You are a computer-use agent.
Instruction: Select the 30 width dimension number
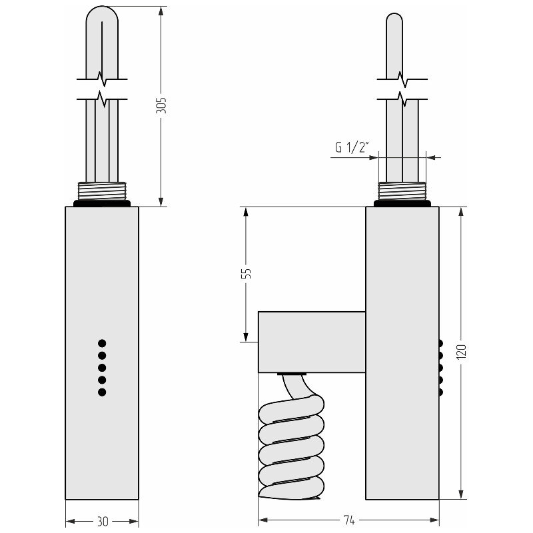[103, 521]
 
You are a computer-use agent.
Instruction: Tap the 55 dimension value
[246, 273]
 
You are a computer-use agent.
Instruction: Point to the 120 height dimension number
[461, 352]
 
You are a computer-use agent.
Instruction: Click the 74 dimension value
[348, 520]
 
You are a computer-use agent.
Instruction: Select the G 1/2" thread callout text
[352, 148]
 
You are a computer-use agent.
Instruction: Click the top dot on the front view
[102, 343]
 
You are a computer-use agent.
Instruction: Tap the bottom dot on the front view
[102, 392]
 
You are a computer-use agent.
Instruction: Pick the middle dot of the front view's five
[102, 368]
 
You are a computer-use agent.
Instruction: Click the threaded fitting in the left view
[102, 191]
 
